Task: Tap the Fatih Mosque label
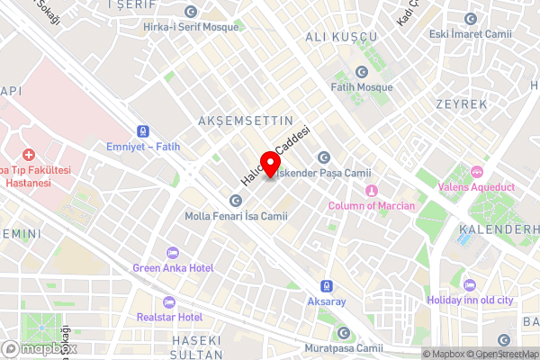(363, 87)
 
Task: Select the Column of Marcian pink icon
(370, 190)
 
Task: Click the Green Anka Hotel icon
(173, 252)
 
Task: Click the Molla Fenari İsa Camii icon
(236, 201)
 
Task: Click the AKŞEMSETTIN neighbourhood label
(246, 120)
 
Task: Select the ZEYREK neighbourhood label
(462, 104)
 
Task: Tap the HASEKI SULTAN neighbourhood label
(195, 347)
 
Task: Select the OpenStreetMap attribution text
(500, 354)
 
